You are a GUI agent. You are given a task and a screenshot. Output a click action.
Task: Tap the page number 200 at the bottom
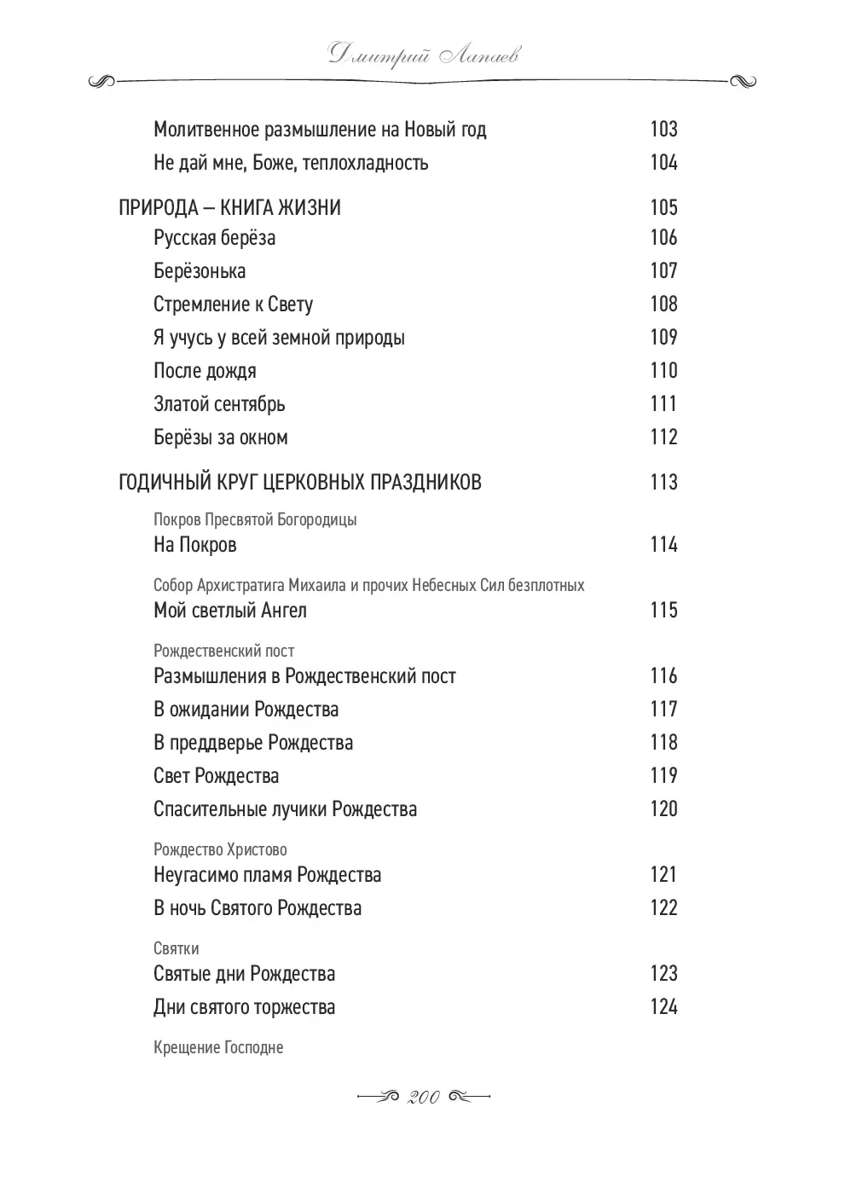pos(424,1098)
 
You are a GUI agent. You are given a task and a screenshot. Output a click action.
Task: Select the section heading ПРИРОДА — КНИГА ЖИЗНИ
pos(229,208)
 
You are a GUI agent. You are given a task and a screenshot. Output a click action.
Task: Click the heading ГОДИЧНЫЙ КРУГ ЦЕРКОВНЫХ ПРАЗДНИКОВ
pos(299,483)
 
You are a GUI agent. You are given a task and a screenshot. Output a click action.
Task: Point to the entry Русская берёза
pos(214,238)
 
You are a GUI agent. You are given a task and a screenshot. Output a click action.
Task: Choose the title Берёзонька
pos(200,271)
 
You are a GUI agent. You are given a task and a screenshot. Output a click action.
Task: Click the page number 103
pos(663,130)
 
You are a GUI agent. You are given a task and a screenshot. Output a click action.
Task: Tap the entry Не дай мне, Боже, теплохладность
pos(291,163)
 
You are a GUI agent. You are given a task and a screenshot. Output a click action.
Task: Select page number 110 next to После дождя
pos(663,371)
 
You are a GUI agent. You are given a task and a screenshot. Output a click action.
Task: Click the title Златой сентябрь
pos(219,404)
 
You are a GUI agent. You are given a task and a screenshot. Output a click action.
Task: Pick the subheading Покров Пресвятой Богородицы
pos(255,519)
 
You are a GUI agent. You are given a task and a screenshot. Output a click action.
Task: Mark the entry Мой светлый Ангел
pos(229,611)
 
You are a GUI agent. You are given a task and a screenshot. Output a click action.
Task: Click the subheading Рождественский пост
pos(223,651)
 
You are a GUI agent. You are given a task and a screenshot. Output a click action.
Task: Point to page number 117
pos(663,710)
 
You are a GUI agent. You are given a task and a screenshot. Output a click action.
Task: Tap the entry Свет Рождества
pos(216,776)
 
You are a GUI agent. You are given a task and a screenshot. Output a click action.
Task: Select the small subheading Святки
pos(177,948)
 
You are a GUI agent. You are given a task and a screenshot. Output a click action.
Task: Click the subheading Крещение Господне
pos(218,1047)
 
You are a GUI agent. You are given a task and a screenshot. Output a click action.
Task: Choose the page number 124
pos(663,1007)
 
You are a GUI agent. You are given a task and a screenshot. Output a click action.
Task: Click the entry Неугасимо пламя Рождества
pos(267,875)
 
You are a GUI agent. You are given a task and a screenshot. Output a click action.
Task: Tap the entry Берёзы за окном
pos(221,437)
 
